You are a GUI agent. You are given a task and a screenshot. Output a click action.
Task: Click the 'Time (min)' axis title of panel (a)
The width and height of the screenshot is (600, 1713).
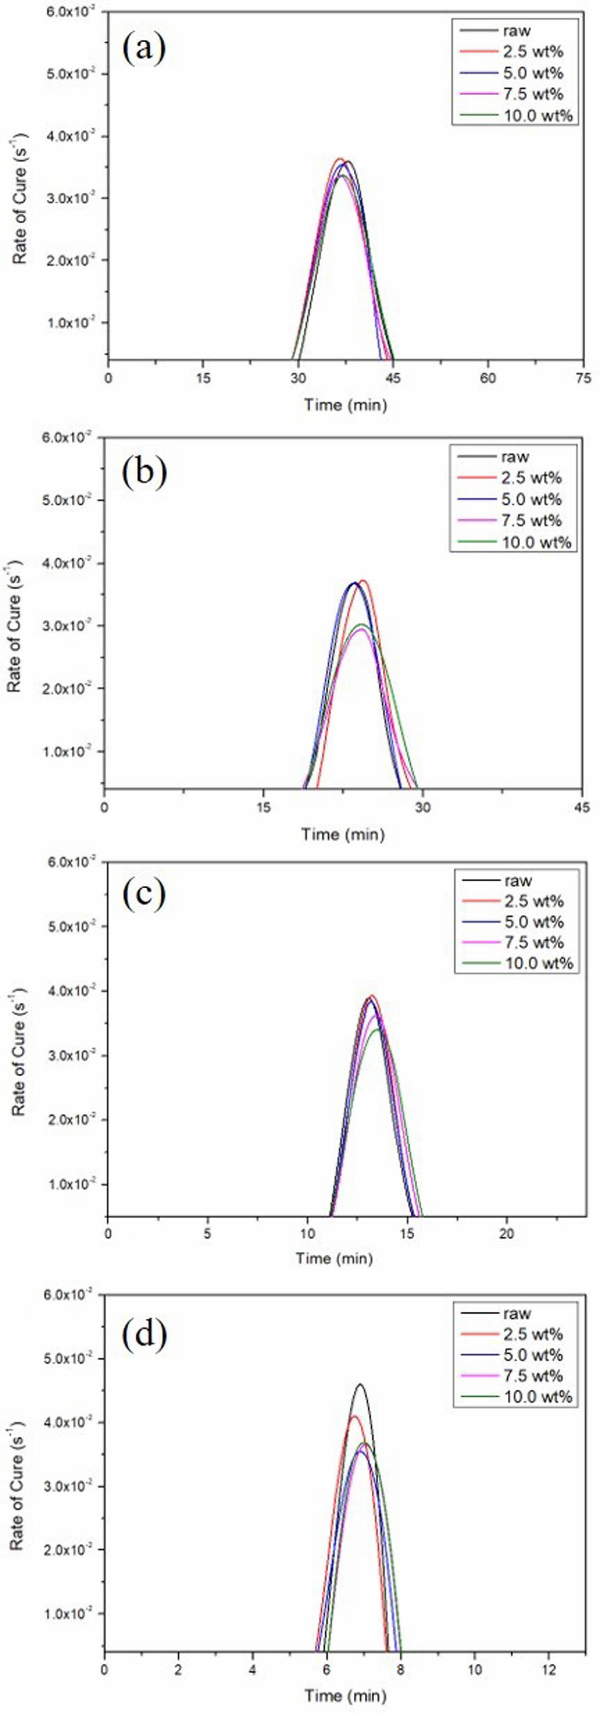coord(345,404)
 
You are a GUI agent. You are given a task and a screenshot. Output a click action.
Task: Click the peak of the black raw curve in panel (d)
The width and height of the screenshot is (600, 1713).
coord(360,1385)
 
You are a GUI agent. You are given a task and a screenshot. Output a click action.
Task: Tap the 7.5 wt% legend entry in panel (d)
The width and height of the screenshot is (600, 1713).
coord(533,1375)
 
